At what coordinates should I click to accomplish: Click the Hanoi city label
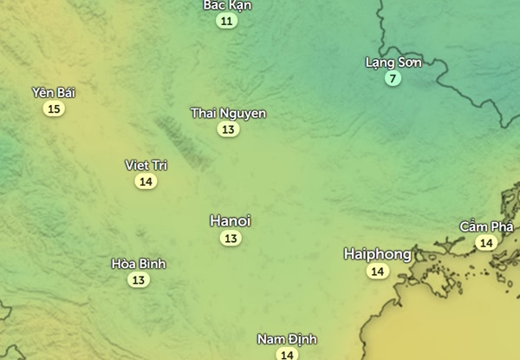tap(231, 221)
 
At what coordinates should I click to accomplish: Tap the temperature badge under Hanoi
tap(231, 238)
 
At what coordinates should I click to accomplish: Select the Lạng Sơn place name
tap(393, 62)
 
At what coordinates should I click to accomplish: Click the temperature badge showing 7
tap(393, 79)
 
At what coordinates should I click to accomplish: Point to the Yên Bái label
tap(54, 92)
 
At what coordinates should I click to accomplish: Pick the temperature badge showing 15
tap(55, 108)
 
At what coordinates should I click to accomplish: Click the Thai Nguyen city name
tap(228, 114)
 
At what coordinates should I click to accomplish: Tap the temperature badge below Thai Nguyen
tap(228, 130)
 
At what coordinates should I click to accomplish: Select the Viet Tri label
tap(146, 165)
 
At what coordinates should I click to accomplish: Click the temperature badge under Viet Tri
tap(146, 181)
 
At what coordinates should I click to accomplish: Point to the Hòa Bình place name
tap(139, 263)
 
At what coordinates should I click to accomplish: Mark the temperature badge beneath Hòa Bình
tap(139, 279)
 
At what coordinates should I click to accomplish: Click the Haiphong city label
tap(377, 254)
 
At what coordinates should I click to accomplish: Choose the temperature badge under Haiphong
tap(377, 272)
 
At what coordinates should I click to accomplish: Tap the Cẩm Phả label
tap(486, 226)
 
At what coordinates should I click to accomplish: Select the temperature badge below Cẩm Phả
tap(486, 243)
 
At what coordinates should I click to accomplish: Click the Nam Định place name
tap(287, 338)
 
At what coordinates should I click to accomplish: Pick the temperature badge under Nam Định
tap(287, 354)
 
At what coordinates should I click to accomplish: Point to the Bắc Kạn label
tap(227, 4)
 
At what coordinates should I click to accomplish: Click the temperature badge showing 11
tap(227, 20)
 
